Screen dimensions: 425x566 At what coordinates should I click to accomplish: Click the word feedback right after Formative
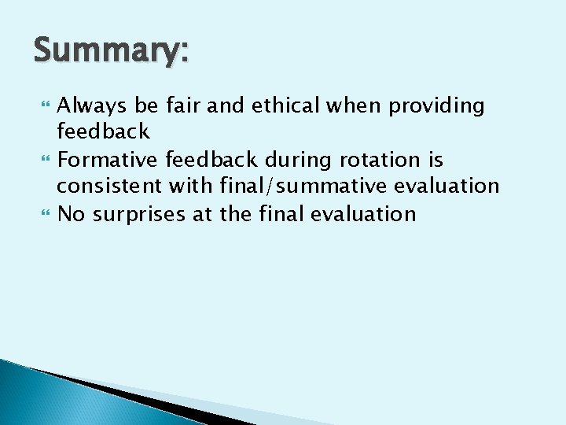pos(211,160)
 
